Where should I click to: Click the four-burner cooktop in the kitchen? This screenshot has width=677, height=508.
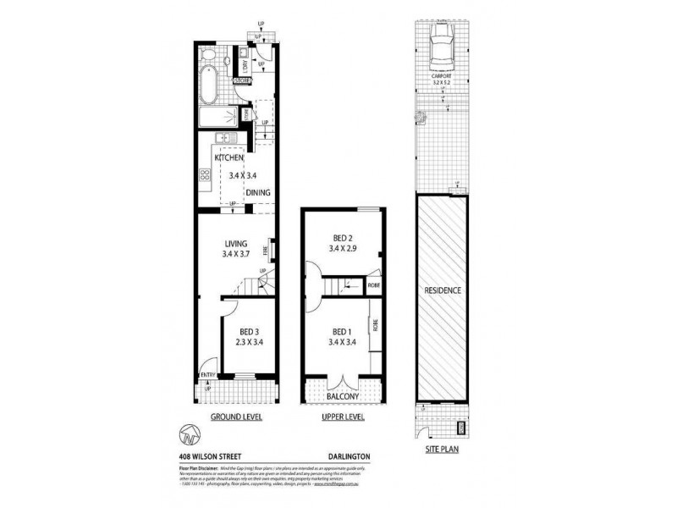(204, 176)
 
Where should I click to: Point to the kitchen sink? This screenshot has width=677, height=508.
(223, 139)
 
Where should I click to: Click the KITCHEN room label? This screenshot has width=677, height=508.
(229, 158)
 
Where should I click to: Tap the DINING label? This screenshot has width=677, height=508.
(259, 193)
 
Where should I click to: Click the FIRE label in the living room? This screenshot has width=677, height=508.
(266, 250)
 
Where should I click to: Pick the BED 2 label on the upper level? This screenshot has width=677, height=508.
(342, 238)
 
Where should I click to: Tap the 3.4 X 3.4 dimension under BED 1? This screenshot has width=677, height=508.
(342, 342)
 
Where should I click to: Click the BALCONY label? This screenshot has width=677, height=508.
(343, 395)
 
